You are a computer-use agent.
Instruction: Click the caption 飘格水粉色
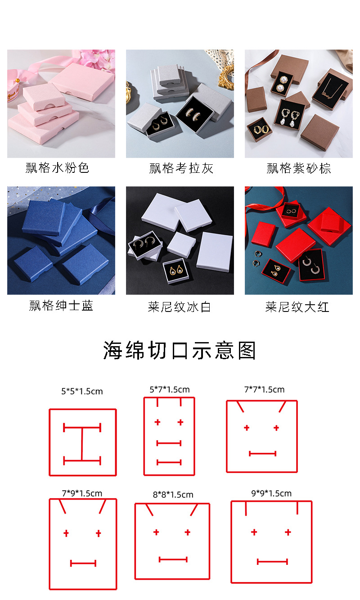(58, 168)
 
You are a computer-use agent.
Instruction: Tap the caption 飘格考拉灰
(181, 168)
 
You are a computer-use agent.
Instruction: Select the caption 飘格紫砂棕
(299, 168)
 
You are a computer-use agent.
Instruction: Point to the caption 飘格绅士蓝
(61, 306)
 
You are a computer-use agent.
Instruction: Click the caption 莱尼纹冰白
(179, 307)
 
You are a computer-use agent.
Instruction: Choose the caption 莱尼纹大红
(297, 307)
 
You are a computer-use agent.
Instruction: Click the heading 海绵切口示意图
(180, 351)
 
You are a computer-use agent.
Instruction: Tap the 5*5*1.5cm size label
(82, 391)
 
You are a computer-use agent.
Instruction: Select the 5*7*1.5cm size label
(170, 389)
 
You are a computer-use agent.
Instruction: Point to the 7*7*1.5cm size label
(265, 389)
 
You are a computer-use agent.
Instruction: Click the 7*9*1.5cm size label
(82, 493)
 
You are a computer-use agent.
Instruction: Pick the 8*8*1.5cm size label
(173, 494)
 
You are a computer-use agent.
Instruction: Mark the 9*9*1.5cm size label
(271, 493)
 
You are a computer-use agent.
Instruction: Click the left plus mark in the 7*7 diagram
(247, 428)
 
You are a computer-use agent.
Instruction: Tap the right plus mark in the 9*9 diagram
(288, 532)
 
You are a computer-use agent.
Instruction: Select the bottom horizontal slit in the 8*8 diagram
(173, 559)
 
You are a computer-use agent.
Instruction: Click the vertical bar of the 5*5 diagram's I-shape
(82, 444)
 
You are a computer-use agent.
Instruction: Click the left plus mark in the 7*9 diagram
(66, 533)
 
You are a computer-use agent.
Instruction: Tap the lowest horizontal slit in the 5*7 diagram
(169, 462)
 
